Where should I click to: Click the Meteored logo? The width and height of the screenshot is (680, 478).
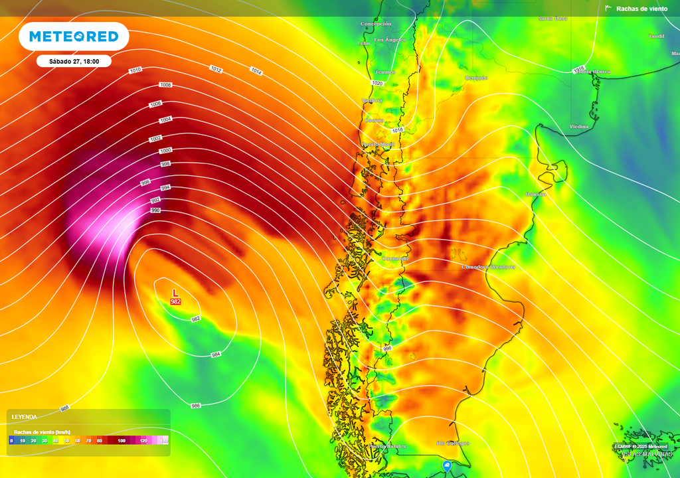[73, 37]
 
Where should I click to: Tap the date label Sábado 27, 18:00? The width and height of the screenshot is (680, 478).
[74, 61]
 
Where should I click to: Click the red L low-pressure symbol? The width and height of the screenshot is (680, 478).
[175, 293]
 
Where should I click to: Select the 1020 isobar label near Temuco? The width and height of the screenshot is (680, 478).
[377, 83]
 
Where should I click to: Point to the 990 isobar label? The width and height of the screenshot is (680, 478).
[155, 210]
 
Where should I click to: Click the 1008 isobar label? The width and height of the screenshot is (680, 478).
[165, 85]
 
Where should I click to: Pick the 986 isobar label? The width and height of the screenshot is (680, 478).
[196, 405]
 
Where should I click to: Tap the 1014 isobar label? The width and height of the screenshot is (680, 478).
[256, 71]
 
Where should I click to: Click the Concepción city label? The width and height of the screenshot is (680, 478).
[376, 24]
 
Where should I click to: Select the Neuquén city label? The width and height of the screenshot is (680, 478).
[476, 78]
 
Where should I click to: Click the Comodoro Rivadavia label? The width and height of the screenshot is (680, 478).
[488, 267]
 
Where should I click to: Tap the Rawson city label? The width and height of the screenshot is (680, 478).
[535, 195]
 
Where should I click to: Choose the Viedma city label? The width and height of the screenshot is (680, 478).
[579, 126]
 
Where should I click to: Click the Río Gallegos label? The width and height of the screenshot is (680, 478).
[453, 443]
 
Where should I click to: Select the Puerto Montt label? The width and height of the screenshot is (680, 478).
[378, 144]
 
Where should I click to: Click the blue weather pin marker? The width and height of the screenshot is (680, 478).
[447, 466]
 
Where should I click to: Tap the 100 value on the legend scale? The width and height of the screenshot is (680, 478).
[121, 440]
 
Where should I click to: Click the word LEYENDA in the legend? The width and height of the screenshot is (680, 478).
[25, 417]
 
